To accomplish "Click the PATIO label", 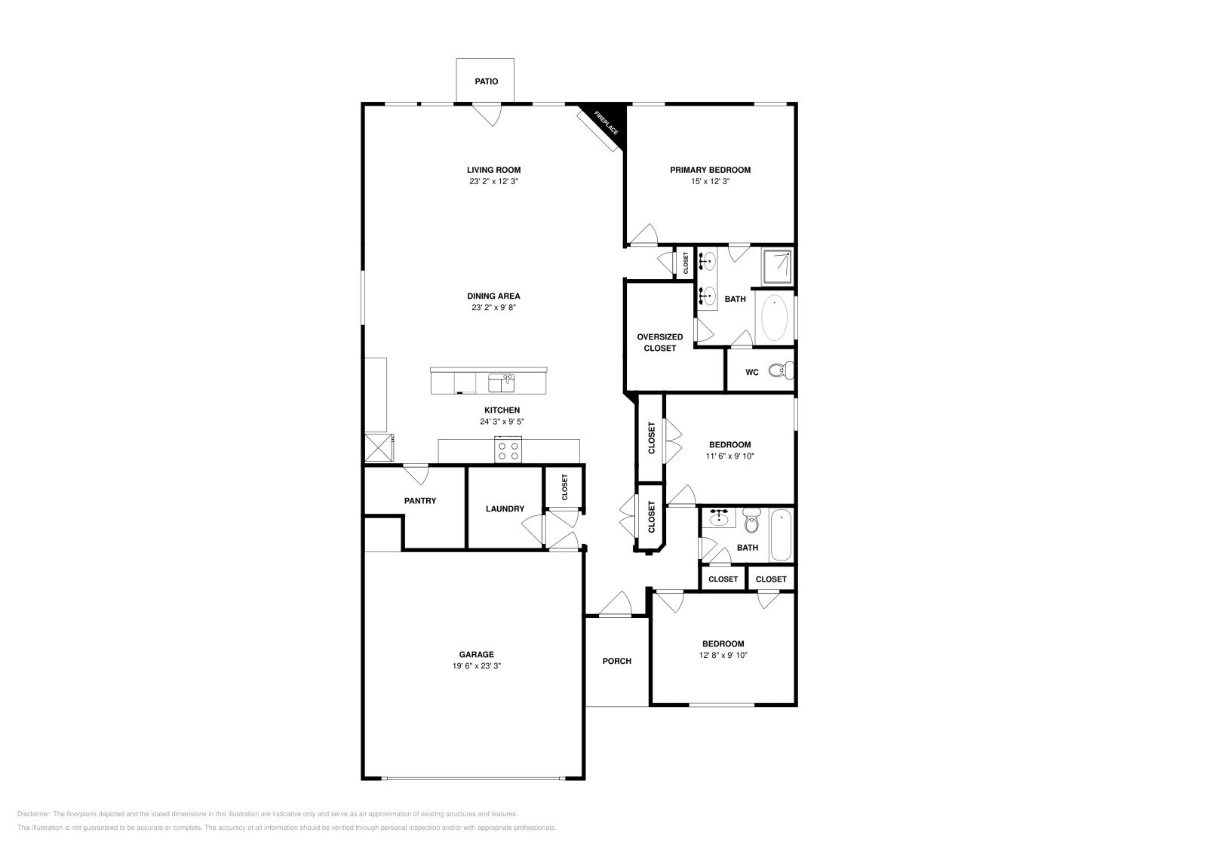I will click(486, 81).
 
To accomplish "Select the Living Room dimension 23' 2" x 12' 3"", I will click(493, 182).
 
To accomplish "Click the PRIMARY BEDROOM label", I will click(710, 170).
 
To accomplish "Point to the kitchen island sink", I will click(501, 383).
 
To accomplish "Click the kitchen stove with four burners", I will click(508, 450).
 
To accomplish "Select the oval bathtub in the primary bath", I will click(774, 318).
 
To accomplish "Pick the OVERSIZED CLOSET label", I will click(659, 343).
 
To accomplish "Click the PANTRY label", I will click(419, 501).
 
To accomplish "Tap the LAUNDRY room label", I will click(505, 509).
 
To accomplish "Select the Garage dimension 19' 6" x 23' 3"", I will click(476, 666).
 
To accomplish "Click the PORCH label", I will click(616, 661).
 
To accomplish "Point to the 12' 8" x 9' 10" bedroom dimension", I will click(723, 656).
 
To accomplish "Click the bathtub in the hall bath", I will click(781, 536).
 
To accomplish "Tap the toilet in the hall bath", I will click(751, 521).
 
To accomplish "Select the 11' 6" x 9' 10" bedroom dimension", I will click(729, 456).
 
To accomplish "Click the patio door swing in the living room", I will click(487, 115).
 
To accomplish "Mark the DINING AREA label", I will click(493, 296).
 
